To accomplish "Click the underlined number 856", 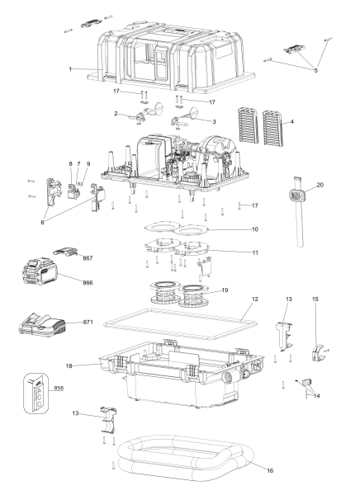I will (x=59, y=387).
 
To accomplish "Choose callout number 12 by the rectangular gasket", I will (x=256, y=298).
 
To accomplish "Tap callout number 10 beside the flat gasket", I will (x=254, y=229).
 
